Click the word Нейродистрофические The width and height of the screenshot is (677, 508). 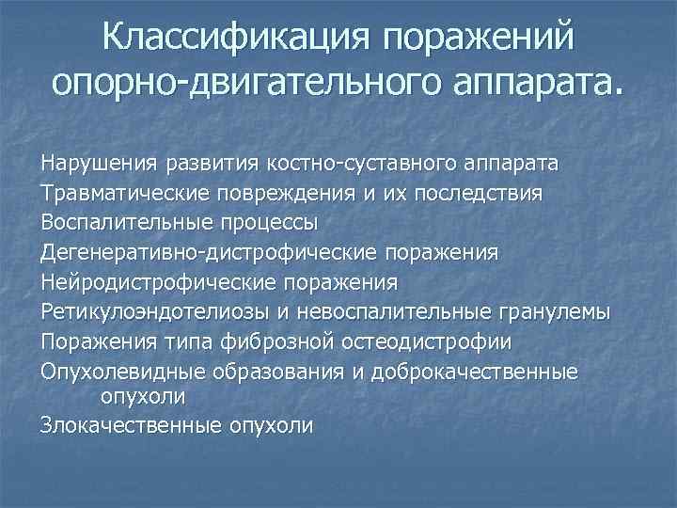coord(150,281)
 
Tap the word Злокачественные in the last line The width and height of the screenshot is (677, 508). coord(124,424)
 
